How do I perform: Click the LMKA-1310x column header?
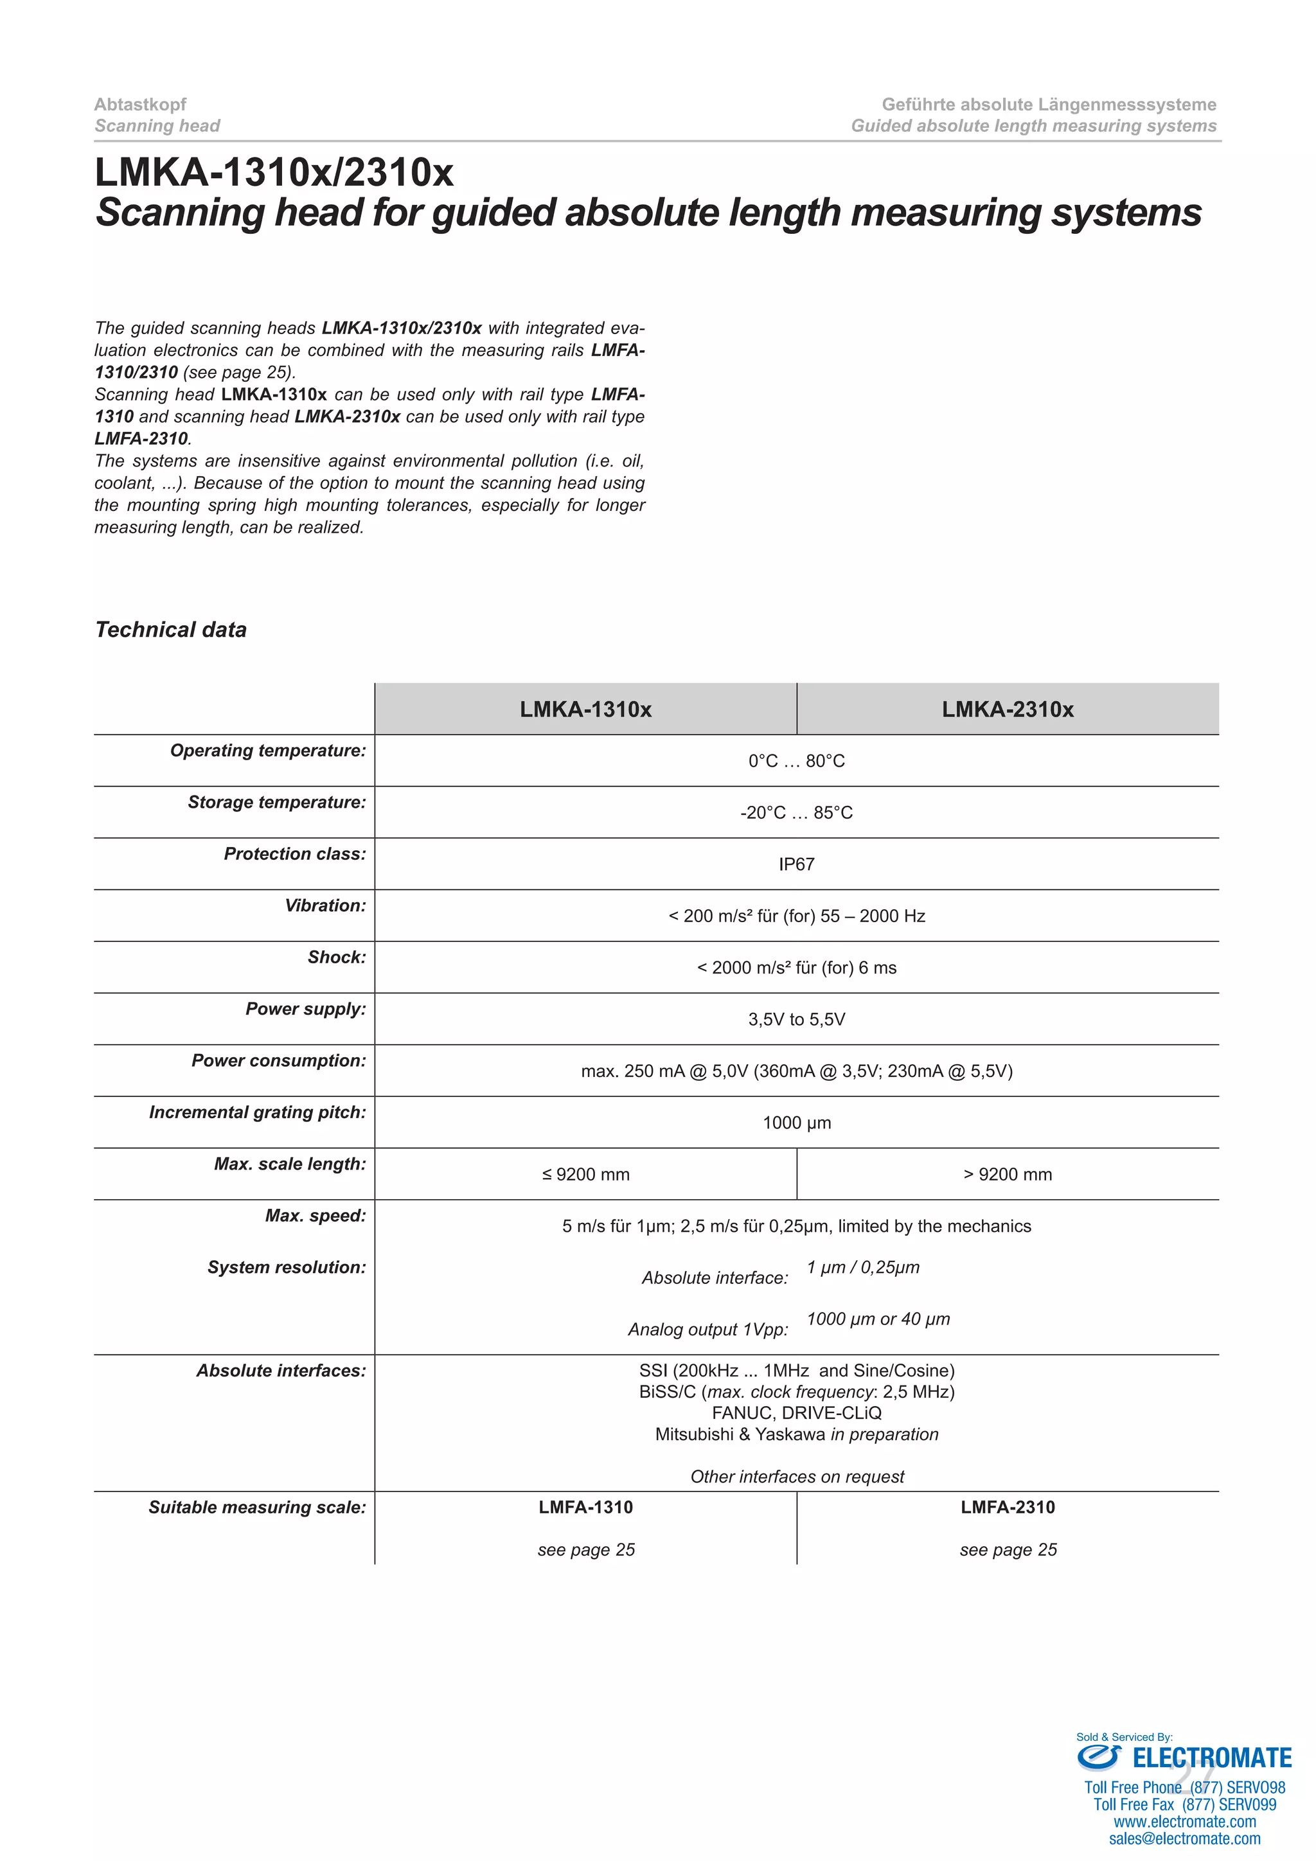pyautogui.click(x=585, y=709)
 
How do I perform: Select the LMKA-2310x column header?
pyautogui.click(x=1008, y=709)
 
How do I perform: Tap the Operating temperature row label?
pyautogui.click(x=267, y=751)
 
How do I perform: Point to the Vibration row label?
pyautogui.click(x=325, y=905)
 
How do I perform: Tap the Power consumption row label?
pyautogui.click(x=279, y=1060)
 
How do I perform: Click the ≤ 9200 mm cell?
pyautogui.click(x=585, y=1175)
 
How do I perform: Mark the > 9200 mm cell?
pyautogui.click(x=1008, y=1175)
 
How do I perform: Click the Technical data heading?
pyautogui.click(x=171, y=630)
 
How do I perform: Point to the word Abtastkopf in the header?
pyautogui.click(x=140, y=105)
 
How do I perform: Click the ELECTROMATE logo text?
pyautogui.click(x=1211, y=1758)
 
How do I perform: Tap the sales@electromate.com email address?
pyautogui.click(x=1185, y=1839)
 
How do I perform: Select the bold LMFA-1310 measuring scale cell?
pyautogui.click(x=585, y=1507)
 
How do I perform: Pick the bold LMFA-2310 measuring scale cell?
pyautogui.click(x=1008, y=1507)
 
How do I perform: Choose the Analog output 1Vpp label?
pyautogui.click(x=707, y=1330)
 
